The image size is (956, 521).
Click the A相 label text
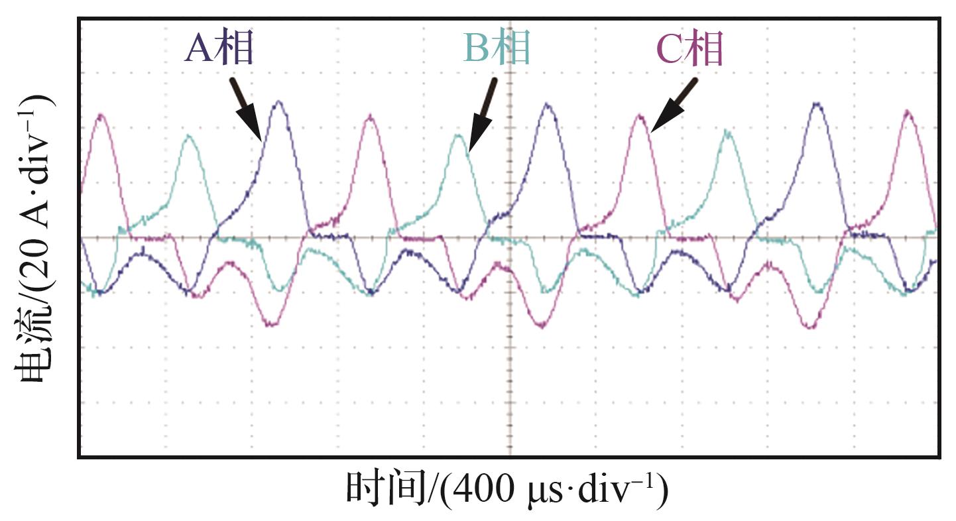219,50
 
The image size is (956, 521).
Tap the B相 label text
497,48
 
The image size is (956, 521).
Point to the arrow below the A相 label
246,110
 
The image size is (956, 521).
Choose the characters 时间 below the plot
384,490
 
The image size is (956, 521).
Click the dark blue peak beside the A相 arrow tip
279,103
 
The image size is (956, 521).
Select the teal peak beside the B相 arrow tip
458,136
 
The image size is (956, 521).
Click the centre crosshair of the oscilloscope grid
510,237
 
